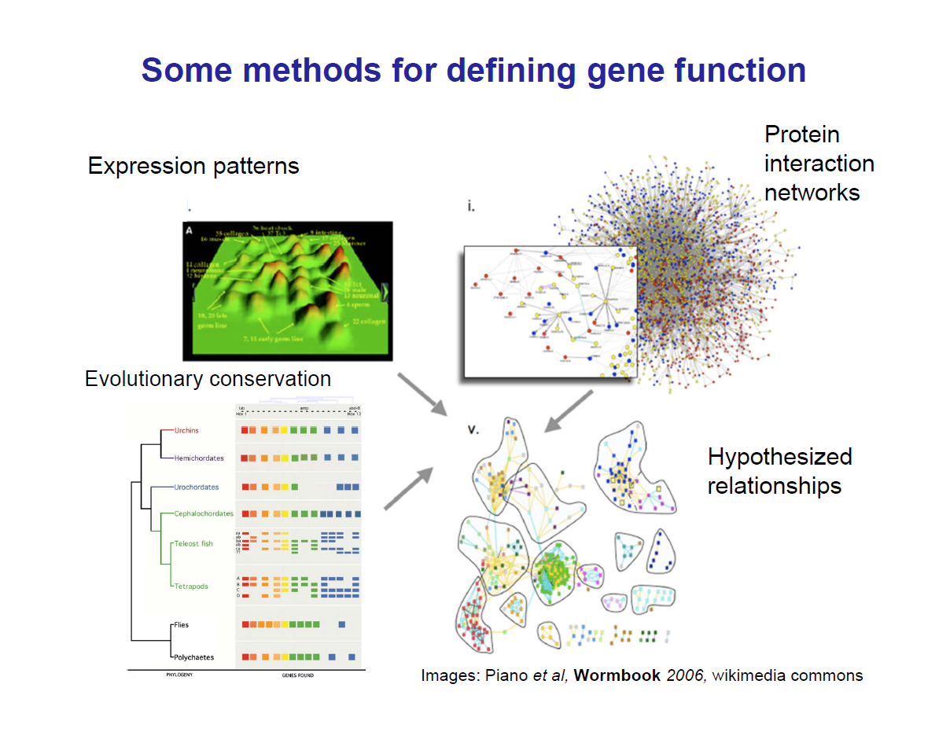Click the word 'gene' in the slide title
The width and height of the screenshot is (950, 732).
pyautogui.click(x=625, y=71)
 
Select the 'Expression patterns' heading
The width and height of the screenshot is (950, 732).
pyautogui.click(x=193, y=166)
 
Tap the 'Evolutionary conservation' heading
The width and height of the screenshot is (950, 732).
pyautogui.click(x=208, y=379)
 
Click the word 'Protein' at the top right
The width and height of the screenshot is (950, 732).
pyautogui.click(x=802, y=135)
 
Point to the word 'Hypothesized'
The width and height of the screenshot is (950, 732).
pyautogui.click(x=779, y=457)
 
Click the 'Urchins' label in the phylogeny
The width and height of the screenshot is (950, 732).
pyautogui.click(x=187, y=430)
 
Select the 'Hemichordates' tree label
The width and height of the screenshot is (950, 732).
pyautogui.click(x=199, y=458)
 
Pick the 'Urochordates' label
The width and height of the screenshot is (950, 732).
pyautogui.click(x=197, y=487)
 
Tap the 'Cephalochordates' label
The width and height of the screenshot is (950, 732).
pyautogui.click(x=204, y=514)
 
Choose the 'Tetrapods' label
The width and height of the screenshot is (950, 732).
pyautogui.click(x=191, y=587)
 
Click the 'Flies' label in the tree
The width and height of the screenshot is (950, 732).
pyautogui.click(x=181, y=625)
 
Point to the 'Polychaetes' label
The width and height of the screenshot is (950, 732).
pyautogui.click(x=193, y=657)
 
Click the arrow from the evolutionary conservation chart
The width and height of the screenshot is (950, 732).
pyautogui.click(x=409, y=487)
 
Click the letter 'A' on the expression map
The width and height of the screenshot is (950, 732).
pyautogui.click(x=189, y=230)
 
